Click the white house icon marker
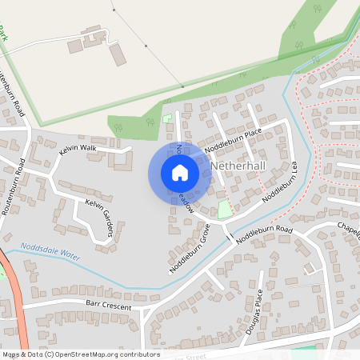pyautogui.click(x=180, y=172)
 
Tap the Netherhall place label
pyautogui.click(x=243, y=166)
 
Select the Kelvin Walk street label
pyautogui.click(x=78, y=150)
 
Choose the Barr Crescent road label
pyautogui.click(x=107, y=305)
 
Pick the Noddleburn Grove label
pyautogui.click(x=190, y=248)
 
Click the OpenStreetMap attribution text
pyautogui.click(x=80, y=354)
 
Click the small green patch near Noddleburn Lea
pyautogui.click(x=225, y=210)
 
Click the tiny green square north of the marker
pyautogui.click(x=167, y=118)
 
